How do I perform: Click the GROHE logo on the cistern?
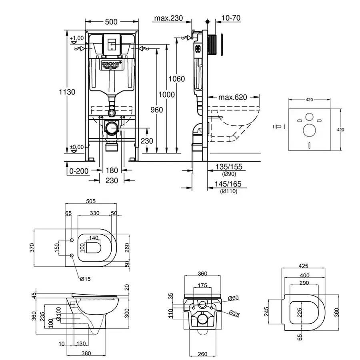(x=111, y=65)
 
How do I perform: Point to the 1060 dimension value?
(x=176, y=79)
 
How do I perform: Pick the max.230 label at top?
(x=168, y=18)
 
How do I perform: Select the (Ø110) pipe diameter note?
(x=229, y=192)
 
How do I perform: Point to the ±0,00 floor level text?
(x=76, y=147)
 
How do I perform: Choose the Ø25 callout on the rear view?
(x=234, y=314)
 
